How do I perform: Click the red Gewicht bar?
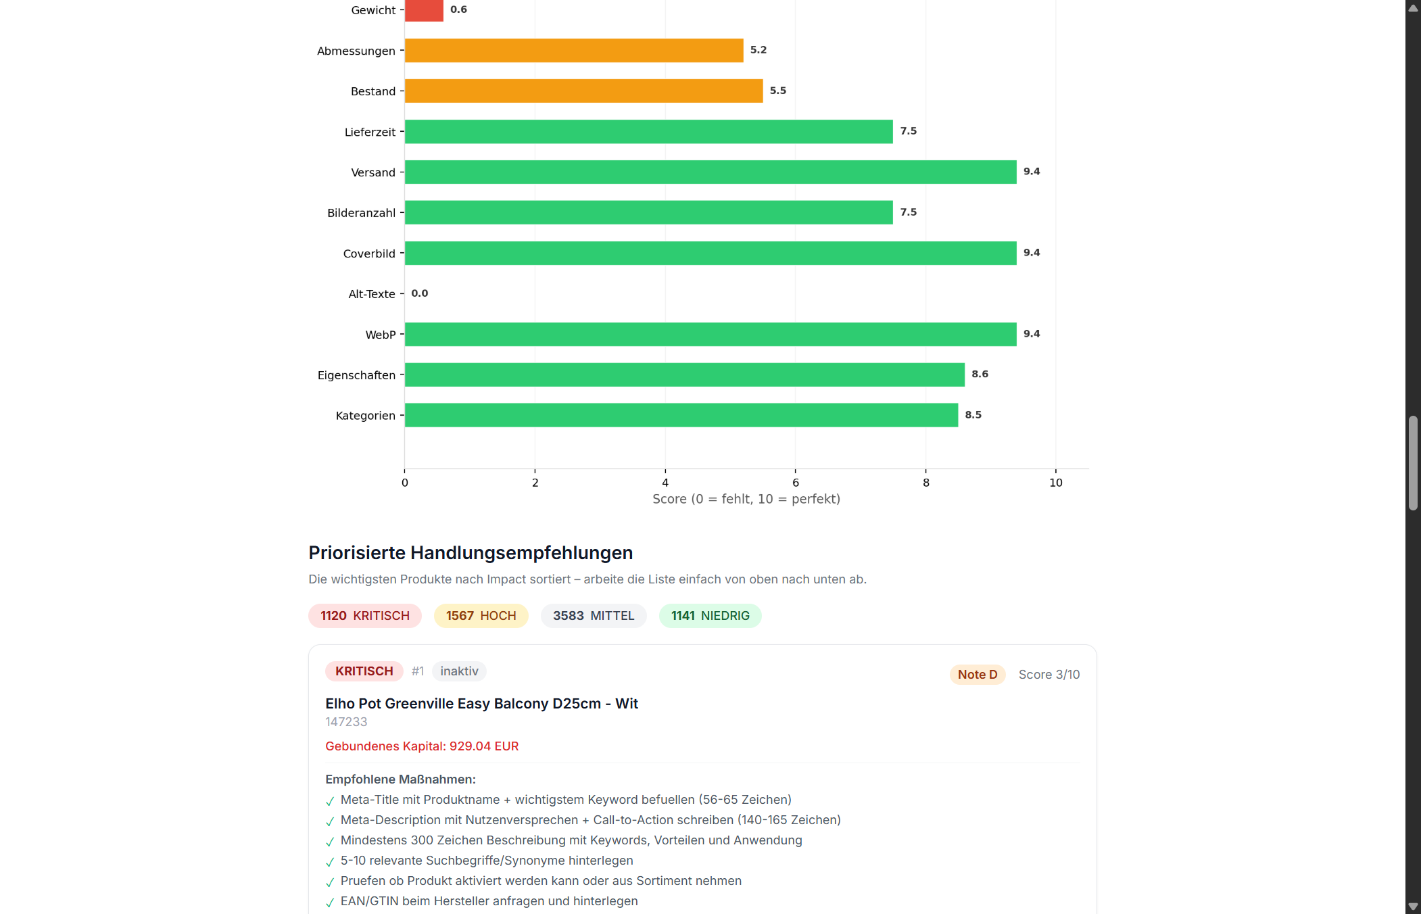tap(424, 10)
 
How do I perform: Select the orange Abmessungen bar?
tap(573, 51)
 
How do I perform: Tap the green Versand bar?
tap(710, 172)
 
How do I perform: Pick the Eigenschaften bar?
tap(684, 375)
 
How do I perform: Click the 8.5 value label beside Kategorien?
tap(973, 415)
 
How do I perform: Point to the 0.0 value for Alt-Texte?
tap(419, 293)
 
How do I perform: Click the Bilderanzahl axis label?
tap(361, 213)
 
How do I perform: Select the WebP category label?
tap(380, 335)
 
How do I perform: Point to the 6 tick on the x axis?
tap(796, 483)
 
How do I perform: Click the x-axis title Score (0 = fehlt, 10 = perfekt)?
tap(746, 499)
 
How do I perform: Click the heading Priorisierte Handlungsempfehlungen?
tap(471, 553)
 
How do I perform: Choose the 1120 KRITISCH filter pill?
tap(364, 616)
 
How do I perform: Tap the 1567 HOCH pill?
tap(481, 616)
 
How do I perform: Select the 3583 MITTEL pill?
tap(594, 616)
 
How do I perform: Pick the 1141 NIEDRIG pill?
tap(710, 616)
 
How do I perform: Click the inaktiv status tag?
tap(459, 671)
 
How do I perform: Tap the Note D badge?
tap(977, 675)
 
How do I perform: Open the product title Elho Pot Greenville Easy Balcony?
tap(481, 704)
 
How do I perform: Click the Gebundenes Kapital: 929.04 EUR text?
tap(422, 746)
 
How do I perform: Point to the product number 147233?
tap(346, 722)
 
